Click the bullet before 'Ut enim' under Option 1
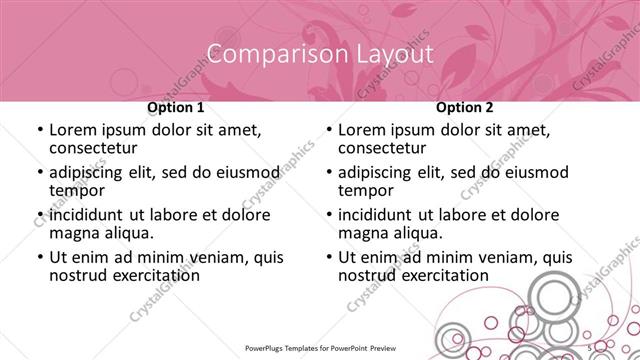tap(39, 257)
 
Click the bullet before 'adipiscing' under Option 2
tap(329, 173)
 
